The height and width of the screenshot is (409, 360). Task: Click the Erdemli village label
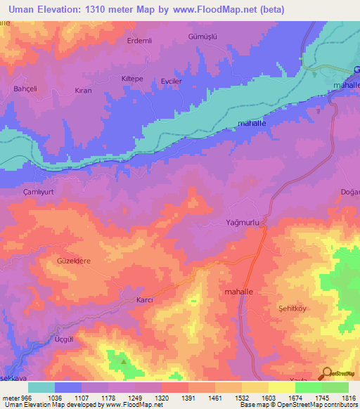tap(139, 40)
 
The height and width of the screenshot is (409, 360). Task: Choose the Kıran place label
tap(83, 91)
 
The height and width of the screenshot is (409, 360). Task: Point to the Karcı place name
tap(143, 300)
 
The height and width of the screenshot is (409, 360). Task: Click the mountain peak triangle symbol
tap(124, 362)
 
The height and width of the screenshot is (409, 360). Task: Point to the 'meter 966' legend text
tap(15, 397)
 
